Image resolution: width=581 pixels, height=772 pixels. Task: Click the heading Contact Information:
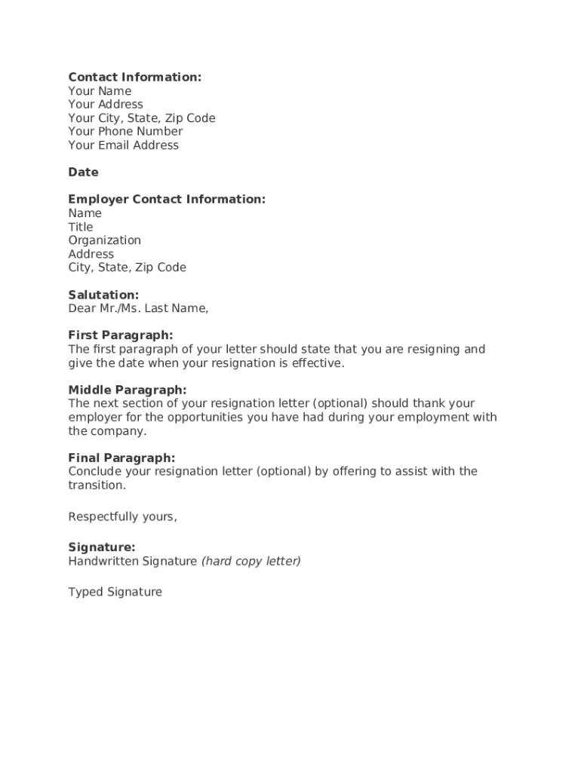click(x=134, y=77)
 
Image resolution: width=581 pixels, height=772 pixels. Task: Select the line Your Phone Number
click(x=125, y=131)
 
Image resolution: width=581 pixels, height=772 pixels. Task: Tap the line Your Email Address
click(x=124, y=145)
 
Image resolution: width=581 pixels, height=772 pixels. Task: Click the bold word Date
click(x=83, y=172)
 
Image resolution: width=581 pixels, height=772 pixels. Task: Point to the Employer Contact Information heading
click(x=167, y=199)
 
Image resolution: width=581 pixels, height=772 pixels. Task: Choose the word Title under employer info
click(x=81, y=227)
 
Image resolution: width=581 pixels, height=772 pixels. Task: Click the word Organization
click(x=104, y=240)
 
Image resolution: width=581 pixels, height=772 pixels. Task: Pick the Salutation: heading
click(x=103, y=295)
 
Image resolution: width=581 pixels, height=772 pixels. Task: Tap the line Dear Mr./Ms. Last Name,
click(x=138, y=308)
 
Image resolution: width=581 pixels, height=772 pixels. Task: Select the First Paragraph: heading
click(x=121, y=335)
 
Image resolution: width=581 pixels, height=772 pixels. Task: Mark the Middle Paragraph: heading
click(x=127, y=390)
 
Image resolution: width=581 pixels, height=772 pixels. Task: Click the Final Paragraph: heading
click(x=121, y=458)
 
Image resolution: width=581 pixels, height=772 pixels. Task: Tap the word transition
click(x=96, y=486)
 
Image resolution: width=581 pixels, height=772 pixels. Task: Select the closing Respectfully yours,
click(x=122, y=516)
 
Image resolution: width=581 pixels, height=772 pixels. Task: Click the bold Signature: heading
click(x=102, y=547)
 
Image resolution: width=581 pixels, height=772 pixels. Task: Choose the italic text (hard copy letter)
click(x=251, y=561)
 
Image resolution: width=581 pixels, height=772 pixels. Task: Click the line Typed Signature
click(x=115, y=592)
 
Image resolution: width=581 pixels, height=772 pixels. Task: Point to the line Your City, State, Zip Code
click(x=142, y=118)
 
